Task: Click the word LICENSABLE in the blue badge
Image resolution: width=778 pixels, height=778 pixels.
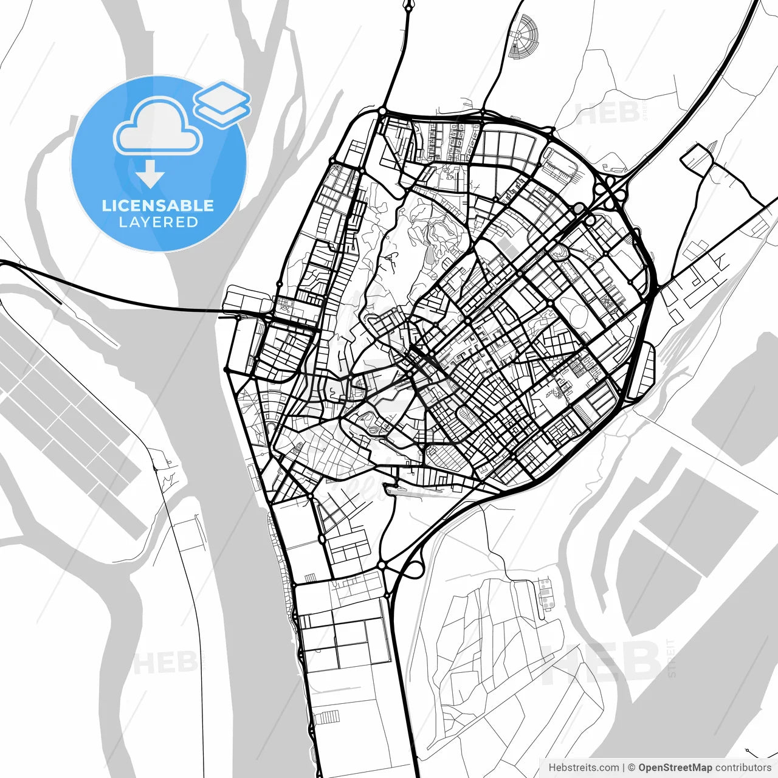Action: coord(158,205)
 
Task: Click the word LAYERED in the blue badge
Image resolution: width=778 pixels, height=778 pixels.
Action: coord(158,222)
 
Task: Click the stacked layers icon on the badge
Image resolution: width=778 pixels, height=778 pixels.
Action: coord(222,103)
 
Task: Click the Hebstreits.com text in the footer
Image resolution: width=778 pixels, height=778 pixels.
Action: coord(583,768)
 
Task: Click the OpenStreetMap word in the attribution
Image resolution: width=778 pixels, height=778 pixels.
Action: coord(675,768)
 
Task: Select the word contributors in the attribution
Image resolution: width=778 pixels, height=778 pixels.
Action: coord(743,768)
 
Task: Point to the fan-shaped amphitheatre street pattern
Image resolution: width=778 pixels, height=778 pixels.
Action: coord(522,38)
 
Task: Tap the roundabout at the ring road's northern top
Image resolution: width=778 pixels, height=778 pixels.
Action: coord(382,111)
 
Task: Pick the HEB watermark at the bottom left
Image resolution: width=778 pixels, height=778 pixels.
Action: coord(164,663)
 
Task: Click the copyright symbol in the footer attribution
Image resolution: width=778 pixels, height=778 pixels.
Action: coord(631,768)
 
